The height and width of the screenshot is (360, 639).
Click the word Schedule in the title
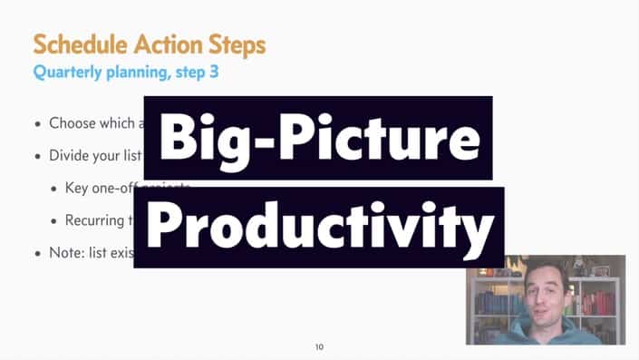(76, 44)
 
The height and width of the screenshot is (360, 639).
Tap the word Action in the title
(169, 44)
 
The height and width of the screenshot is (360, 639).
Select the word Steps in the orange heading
(235, 44)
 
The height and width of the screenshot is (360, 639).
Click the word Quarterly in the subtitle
(68, 73)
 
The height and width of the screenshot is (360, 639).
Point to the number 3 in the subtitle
(214, 73)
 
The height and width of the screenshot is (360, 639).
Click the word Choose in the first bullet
(73, 123)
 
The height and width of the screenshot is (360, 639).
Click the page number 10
(319, 347)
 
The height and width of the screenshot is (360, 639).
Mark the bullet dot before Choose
(37, 124)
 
